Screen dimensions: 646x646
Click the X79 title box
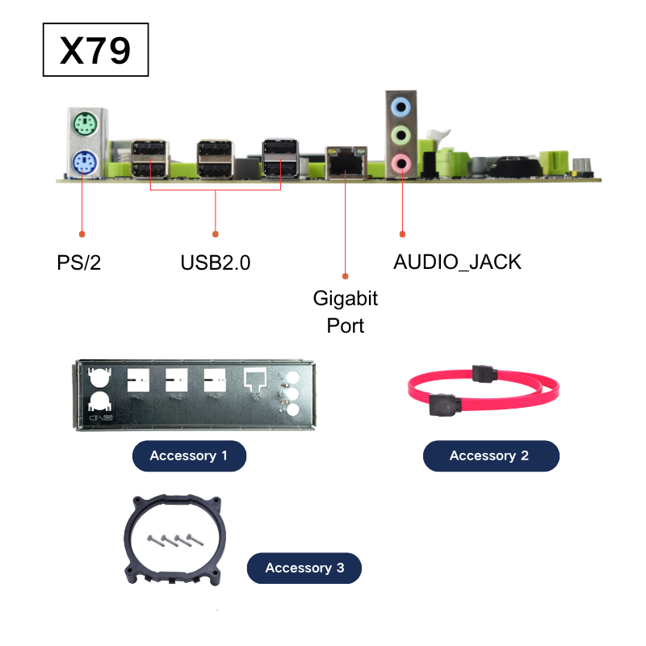(95, 50)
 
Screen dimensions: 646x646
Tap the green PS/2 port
(86, 124)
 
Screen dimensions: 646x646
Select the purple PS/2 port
(85, 162)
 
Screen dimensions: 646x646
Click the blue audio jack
(401, 107)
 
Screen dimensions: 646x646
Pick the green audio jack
(401, 135)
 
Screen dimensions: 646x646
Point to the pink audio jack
(401, 163)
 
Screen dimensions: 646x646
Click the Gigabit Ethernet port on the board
(346, 162)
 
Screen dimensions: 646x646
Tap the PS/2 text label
(78, 263)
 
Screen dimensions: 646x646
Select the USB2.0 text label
(216, 263)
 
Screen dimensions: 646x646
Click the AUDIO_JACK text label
(457, 262)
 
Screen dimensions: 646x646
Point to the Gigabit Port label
(346, 312)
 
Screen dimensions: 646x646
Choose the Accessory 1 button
(189, 455)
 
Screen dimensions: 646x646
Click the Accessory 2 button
(491, 455)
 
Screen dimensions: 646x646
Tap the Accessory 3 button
(304, 568)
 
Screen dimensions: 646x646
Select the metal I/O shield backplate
(195, 396)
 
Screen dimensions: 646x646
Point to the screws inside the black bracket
(175, 539)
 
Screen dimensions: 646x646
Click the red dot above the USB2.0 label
(215, 234)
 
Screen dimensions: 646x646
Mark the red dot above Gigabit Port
(346, 276)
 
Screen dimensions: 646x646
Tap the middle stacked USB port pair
(215, 159)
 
